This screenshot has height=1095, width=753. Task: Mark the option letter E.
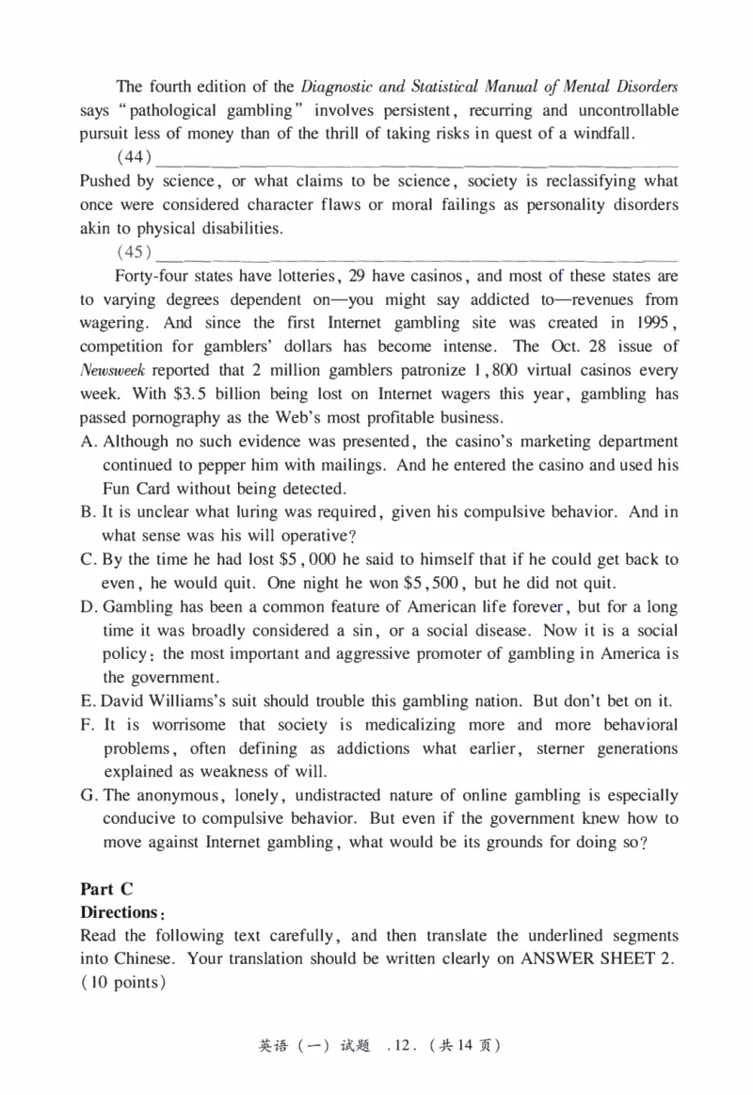coord(87,701)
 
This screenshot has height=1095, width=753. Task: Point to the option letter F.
coord(87,725)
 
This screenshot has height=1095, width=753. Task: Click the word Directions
coord(118,912)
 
